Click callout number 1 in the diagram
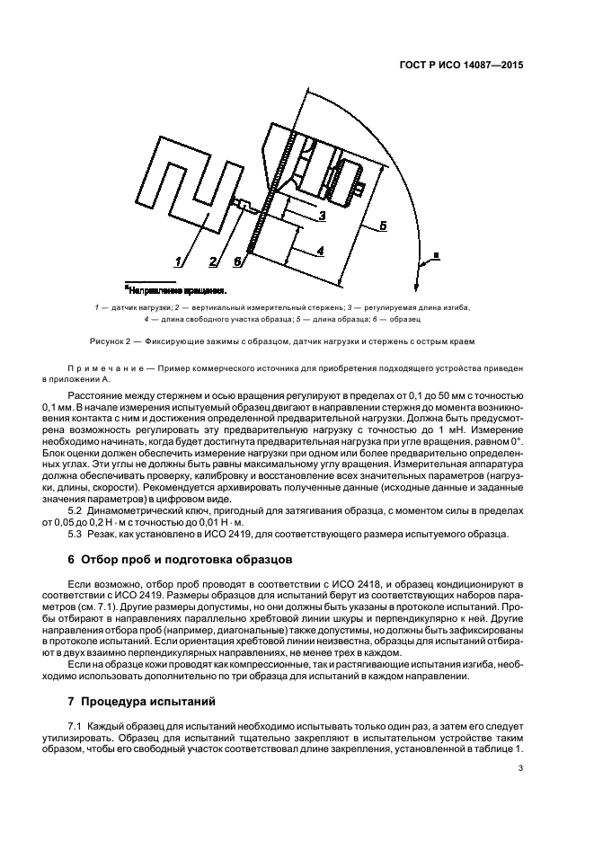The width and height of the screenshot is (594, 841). (x=180, y=261)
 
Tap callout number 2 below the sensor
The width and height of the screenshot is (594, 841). (x=213, y=261)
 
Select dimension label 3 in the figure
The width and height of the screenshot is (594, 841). (x=322, y=215)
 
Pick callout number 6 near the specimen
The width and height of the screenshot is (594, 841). (x=237, y=261)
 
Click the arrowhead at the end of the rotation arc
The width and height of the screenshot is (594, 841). (x=419, y=265)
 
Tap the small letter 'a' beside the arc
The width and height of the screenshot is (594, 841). (x=437, y=255)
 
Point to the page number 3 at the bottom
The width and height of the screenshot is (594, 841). (x=520, y=767)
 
